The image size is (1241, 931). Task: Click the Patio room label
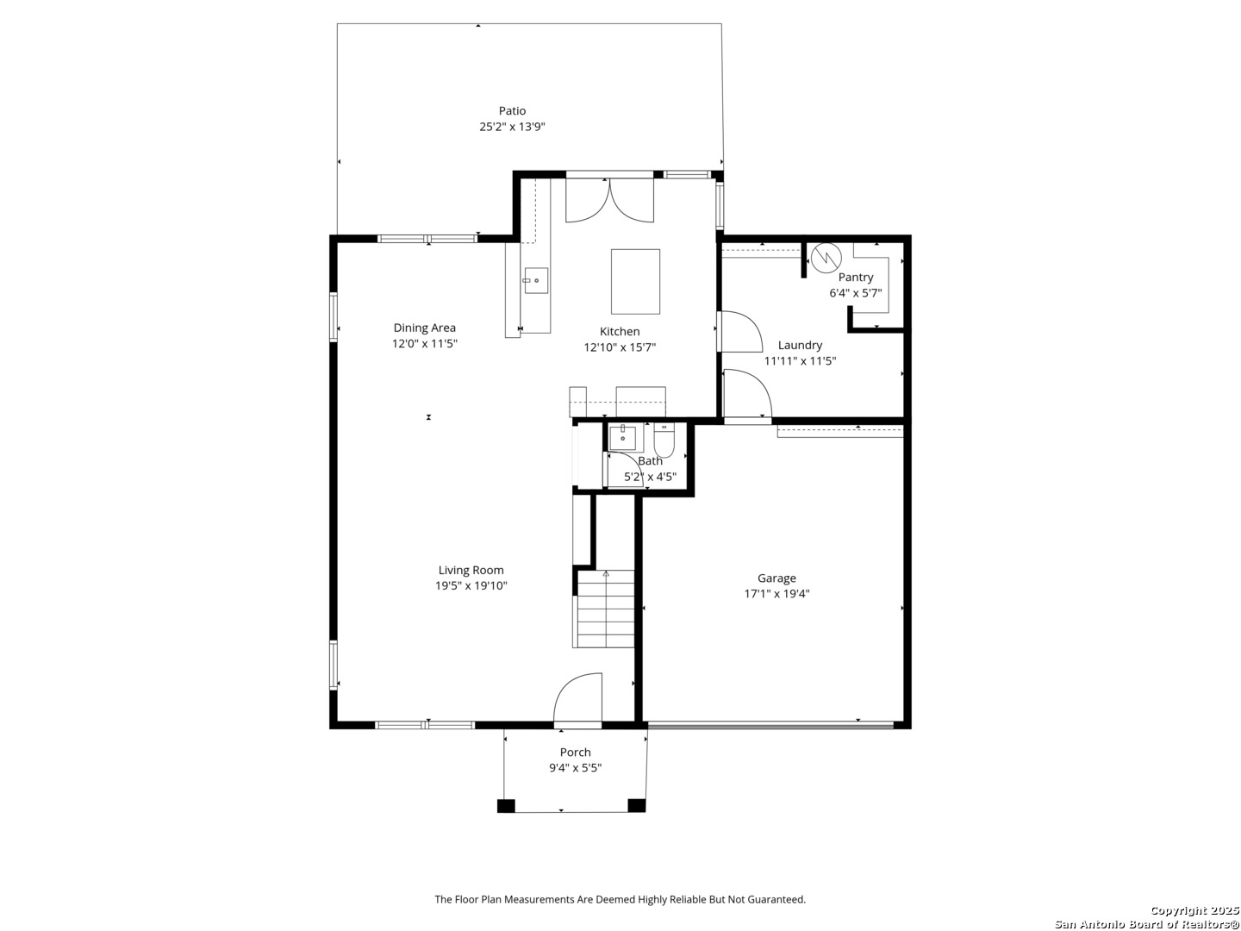pos(512,110)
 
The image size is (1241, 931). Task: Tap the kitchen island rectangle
pos(635,282)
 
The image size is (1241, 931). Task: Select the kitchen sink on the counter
pos(536,281)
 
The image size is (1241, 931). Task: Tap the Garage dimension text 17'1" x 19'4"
pos(776,593)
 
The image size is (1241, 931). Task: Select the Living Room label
pos(471,570)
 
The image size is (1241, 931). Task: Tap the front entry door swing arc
pos(577,697)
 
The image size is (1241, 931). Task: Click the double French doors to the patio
pos(609,200)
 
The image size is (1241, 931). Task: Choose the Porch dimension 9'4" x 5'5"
pos(575,767)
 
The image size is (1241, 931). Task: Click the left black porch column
pos(506,806)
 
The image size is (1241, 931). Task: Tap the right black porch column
pos(636,805)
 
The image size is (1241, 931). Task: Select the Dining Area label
pos(424,328)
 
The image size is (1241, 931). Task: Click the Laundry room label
pos(800,345)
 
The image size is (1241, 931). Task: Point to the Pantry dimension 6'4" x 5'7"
pos(855,292)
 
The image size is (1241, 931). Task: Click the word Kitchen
pos(620,331)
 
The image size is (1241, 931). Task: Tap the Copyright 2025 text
pos(1194,910)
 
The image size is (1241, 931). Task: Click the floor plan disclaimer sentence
pos(620,899)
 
